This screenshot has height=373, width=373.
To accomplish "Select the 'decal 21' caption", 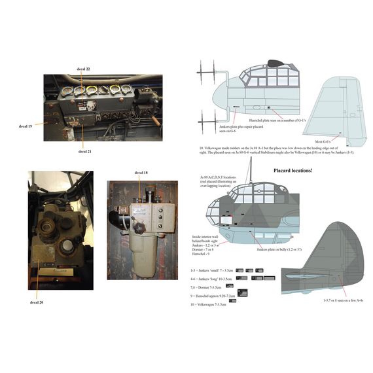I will tap(84, 151).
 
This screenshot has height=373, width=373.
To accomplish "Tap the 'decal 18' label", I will tap(141, 173).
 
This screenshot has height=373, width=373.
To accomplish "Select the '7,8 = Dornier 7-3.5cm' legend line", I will tap(206, 286).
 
